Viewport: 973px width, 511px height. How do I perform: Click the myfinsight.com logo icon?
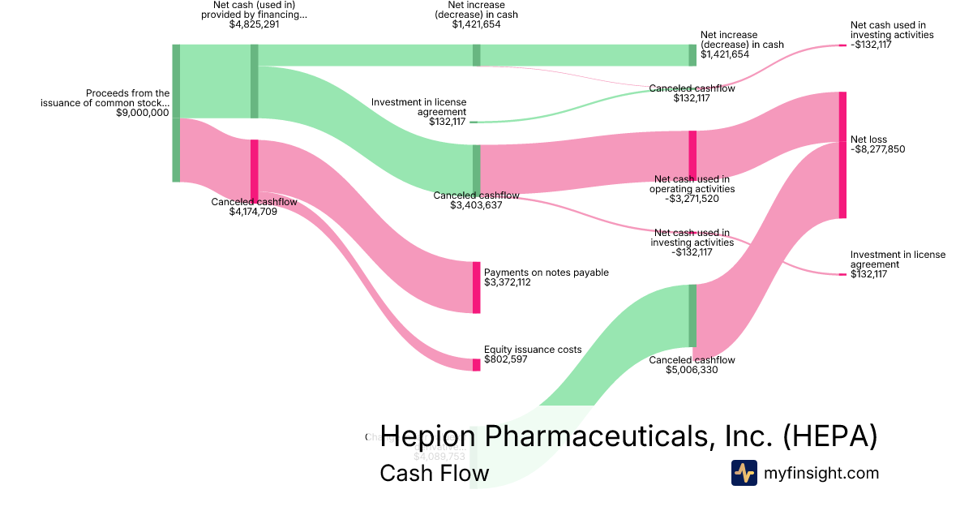point(744,473)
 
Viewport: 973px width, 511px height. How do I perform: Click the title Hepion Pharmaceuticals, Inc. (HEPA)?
point(628,436)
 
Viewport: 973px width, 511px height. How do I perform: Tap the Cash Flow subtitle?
point(434,473)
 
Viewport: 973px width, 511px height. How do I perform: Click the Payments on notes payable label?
point(546,273)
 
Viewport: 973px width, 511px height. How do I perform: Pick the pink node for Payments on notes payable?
point(477,287)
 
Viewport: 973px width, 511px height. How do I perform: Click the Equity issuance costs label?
point(533,350)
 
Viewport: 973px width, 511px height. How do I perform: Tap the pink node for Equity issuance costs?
point(477,365)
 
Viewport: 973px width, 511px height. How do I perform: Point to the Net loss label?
point(868,140)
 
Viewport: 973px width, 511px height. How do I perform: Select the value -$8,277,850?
point(877,149)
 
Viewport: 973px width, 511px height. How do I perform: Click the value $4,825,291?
point(254,24)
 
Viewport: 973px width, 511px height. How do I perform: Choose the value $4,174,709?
point(254,213)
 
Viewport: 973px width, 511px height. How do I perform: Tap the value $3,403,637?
point(476,205)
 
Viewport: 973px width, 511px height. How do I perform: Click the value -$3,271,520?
point(692,198)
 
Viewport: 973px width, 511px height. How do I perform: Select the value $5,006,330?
point(692,370)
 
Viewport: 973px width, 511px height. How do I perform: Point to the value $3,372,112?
point(508,282)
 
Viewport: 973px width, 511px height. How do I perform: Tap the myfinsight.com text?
point(821,473)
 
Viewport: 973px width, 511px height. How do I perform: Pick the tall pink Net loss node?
point(842,155)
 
